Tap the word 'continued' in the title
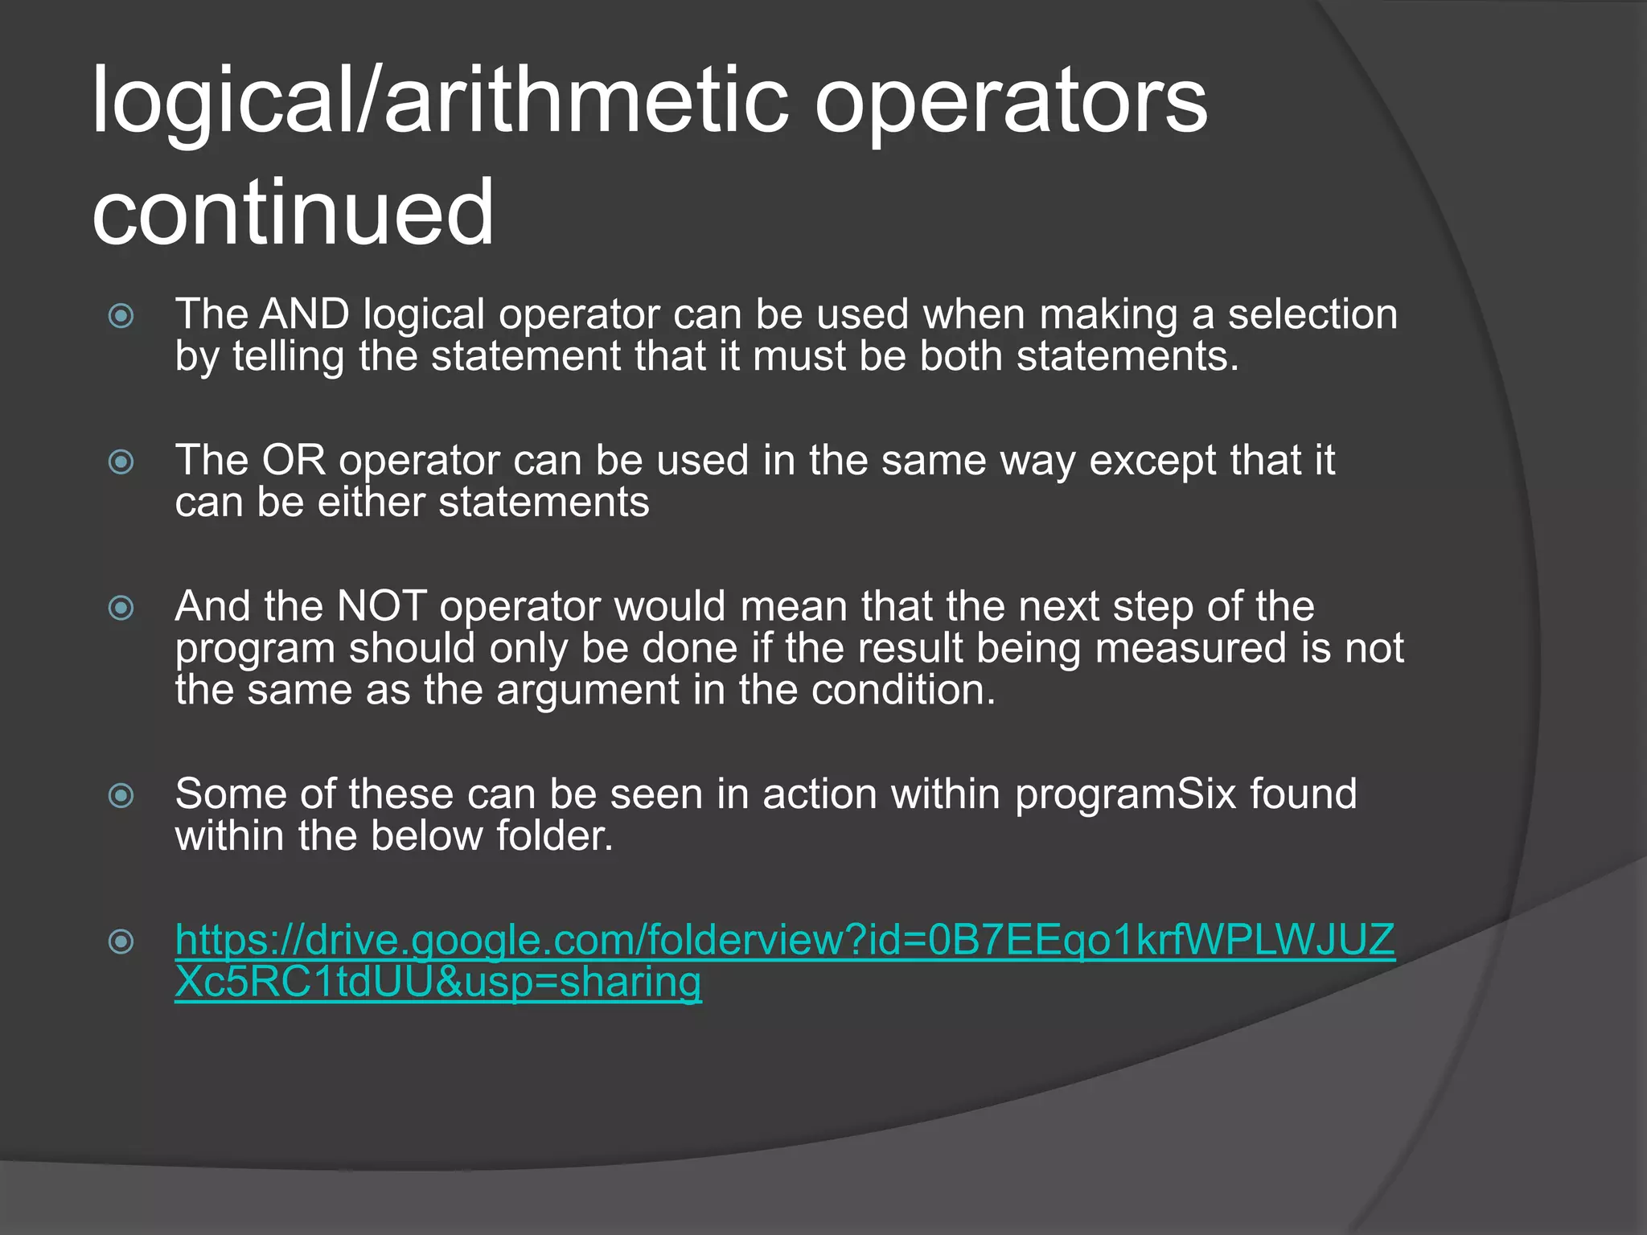point(293,212)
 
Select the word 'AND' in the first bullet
point(304,314)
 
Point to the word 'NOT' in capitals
point(382,606)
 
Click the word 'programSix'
point(1125,794)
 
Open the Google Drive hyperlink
point(784,940)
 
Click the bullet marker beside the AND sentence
point(121,315)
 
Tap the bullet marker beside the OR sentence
point(121,462)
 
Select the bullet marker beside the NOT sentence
point(121,608)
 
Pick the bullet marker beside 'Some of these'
point(121,796)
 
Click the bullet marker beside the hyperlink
point(121,941)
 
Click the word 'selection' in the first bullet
point(1312,314)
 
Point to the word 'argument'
point(588,691)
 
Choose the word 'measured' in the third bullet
point(1191,649)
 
